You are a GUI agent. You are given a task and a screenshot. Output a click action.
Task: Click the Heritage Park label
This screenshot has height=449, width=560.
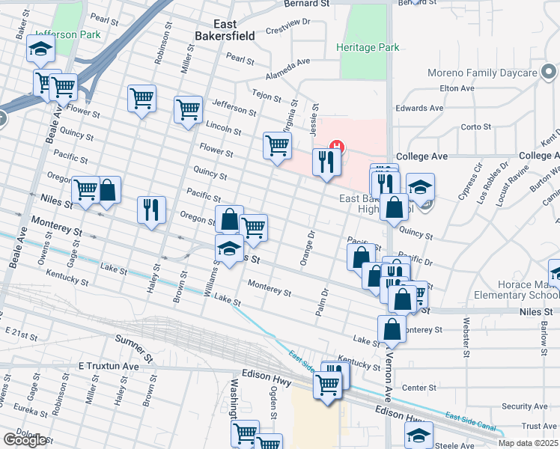(368, 47)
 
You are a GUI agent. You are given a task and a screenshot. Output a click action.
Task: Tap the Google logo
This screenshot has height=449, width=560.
(25, 440)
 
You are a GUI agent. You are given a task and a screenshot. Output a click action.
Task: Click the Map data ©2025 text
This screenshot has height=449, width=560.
(529, 443)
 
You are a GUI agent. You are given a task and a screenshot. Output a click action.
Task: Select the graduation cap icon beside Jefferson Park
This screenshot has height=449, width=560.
(40, 51)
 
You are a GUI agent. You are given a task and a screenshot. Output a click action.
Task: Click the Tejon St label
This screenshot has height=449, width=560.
(266, 96)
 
